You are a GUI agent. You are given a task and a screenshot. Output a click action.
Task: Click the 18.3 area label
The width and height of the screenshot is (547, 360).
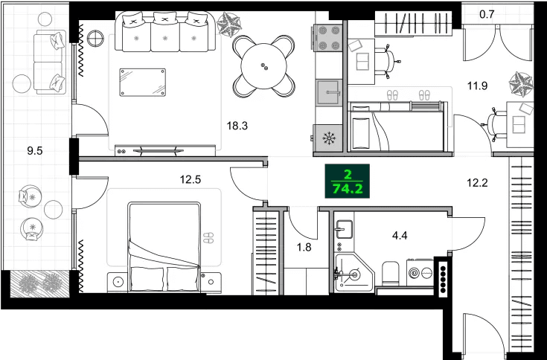(237, 126)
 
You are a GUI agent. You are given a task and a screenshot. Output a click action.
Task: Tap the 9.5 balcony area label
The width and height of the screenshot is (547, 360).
(34, 150)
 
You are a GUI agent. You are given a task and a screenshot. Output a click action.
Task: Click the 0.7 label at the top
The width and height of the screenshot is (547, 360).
(487, 13)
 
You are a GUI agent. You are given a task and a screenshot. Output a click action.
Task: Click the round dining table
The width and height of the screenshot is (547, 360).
(263, 67)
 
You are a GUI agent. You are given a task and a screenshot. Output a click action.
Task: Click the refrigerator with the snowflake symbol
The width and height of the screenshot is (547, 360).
(327, 137)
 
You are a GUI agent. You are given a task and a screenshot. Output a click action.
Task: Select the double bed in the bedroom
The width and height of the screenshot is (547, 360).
(164, 245)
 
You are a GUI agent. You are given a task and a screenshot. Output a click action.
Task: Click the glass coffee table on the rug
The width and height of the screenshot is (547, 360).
(142, 82)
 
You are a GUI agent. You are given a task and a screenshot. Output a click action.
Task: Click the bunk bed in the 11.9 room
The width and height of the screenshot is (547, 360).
(397, 128)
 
